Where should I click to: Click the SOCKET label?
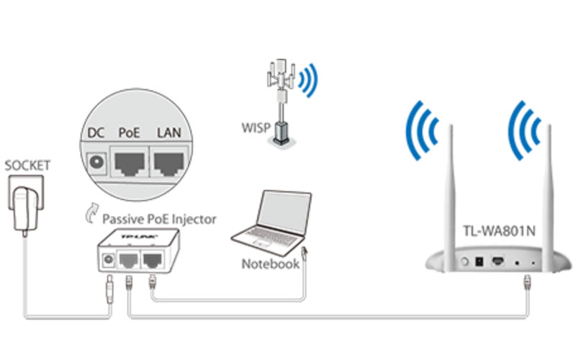[27, 166]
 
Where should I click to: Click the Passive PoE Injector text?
[158, 219]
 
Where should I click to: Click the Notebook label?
[270, 264]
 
